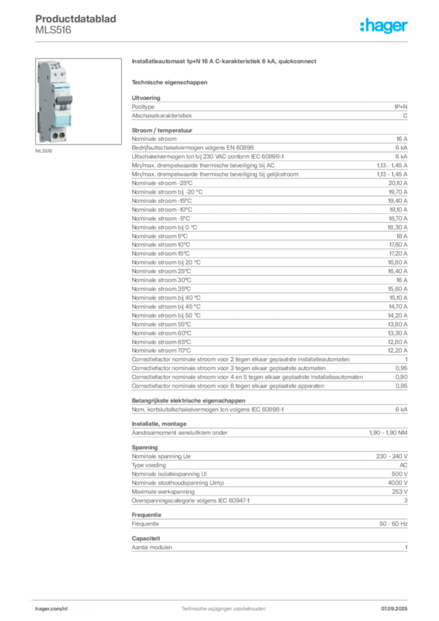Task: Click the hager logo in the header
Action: coord(383,25)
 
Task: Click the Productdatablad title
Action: coord(76,19)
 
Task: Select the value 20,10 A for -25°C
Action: coord(397,183)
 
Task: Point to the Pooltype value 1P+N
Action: coord(400,107)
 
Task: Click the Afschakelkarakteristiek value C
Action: coord(405,116)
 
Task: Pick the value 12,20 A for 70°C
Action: coord(397,351)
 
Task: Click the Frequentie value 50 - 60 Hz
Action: coord(393,523)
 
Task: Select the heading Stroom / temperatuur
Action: coord(162,130)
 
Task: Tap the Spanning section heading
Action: coord(144,448)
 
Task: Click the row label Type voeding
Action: coord(149,465)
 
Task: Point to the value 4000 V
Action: coord(397,483)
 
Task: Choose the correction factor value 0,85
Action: coord(401,386)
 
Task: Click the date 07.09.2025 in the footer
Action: coord(394,609)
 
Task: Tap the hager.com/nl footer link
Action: coord(52,609)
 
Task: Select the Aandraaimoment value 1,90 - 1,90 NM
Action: coord(388,433)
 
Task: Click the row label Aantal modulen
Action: coord(152,548)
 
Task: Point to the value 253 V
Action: coord(400,491)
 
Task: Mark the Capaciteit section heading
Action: coord(146,539)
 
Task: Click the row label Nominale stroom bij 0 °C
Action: coord(164,227)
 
